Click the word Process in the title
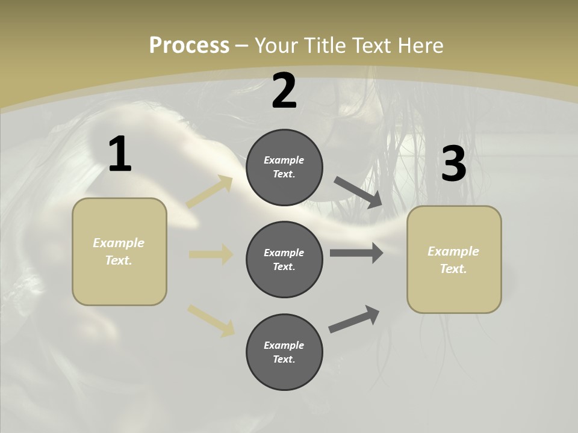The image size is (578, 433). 189,46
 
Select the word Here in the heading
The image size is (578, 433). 418,46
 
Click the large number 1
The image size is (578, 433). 120,155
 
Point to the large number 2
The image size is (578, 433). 284,91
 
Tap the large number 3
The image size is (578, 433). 453,164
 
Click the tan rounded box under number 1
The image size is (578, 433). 119,251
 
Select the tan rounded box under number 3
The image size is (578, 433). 454,260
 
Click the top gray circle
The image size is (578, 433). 284,167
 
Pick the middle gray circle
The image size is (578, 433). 284,260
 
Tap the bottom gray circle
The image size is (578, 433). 284,352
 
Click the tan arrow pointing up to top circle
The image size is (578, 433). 210,192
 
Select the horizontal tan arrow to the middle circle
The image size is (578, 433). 211,254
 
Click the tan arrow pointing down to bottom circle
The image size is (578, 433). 211,321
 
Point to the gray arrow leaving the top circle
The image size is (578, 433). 358,192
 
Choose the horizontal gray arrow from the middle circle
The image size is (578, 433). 356,253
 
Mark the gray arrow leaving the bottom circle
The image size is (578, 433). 354,319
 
